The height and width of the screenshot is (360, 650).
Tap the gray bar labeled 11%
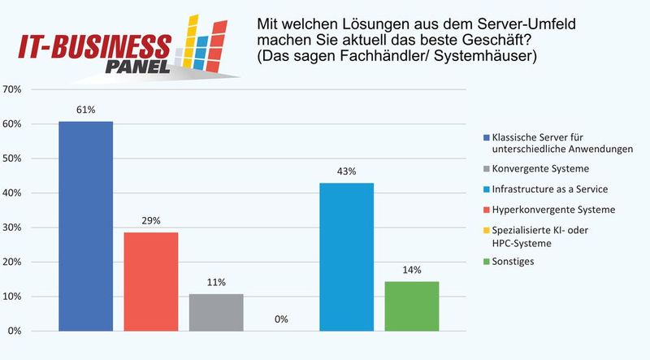coord(216,312)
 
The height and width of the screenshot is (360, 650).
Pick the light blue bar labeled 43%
coord(346,257)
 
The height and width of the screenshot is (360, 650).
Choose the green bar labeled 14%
coord(411,306)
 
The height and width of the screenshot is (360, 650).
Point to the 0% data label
coord(281,319)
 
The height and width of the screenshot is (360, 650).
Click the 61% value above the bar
coord(85,111)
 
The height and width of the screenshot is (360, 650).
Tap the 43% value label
coord(346,171)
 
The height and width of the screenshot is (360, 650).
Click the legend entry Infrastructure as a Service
coord(549,189)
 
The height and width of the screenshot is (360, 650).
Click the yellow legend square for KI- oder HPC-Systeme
coord(485,230)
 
